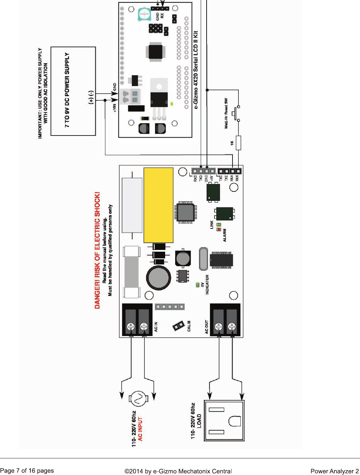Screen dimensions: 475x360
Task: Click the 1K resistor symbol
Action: pos(238,143)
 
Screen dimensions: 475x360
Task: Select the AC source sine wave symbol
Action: pos(138,399)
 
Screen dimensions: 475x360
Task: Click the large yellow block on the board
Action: pos(158,205)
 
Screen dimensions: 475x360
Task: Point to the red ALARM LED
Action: pos(219,230)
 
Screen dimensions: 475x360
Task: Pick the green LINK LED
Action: pos(219,225)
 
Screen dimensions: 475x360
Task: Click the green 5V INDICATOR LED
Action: pos(198,285)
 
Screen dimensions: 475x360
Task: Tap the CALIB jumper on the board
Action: pos(179,326)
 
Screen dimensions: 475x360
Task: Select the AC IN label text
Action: pos(156,327)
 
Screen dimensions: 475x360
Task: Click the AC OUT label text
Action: pos(207,327)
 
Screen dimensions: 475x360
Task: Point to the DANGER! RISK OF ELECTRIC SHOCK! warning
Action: pos(97,250)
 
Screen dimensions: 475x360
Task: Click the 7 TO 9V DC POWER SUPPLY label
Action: pos(67,90)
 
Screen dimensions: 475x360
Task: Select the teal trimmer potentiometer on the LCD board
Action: pos(144,14)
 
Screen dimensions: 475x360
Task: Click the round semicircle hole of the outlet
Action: pos(234,421)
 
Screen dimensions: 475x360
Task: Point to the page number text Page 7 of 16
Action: pos(27,471)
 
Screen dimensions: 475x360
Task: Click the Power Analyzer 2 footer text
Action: pos(334,471)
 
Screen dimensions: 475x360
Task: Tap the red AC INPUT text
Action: pos(140,429)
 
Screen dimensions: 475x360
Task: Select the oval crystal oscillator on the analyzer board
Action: pos(203,259)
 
